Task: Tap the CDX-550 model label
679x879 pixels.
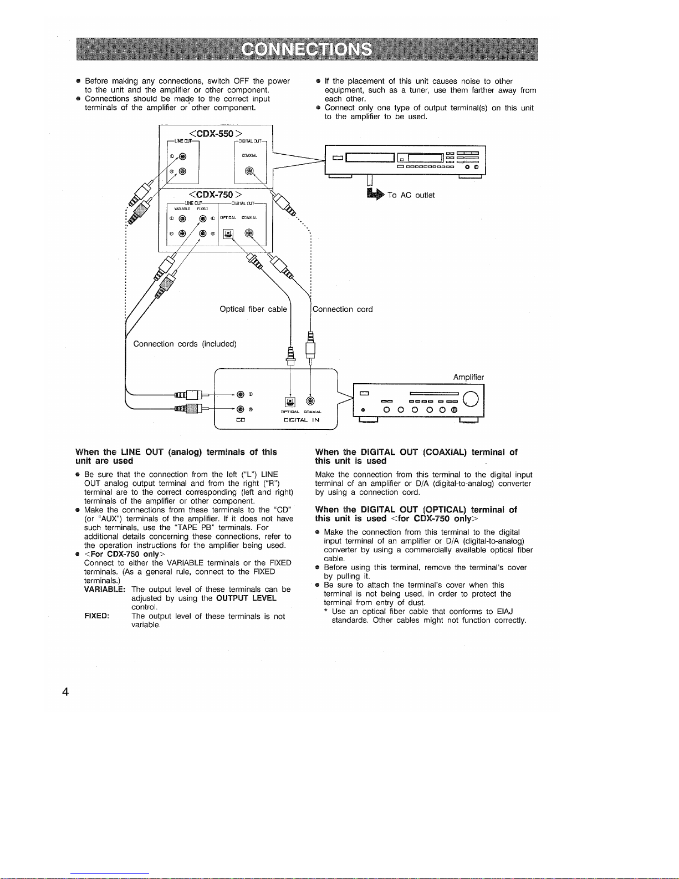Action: (x=216, y=134)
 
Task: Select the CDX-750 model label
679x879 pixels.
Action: (x=216, y=194)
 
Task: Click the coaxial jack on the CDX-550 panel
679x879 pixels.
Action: (x=250, y=171)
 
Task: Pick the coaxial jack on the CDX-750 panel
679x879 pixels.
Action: (x=249, y=233)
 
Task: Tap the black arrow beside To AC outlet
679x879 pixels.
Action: (x=375, y=194)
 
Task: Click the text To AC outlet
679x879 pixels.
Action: (x=411, y=195)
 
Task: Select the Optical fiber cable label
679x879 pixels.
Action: (x=253, y=309)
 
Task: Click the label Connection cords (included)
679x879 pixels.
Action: (x=185, y=344)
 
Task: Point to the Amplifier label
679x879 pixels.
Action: (x=468, y=377)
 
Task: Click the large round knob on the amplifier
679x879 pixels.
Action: (x=471, y=398)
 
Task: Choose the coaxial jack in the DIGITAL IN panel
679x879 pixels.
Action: (x=310, y=402)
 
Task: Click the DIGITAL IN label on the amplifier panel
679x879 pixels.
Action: (x=302, y=420)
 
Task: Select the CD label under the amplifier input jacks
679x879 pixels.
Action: (x=241, y=420)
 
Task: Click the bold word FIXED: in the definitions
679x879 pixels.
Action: (x=96, y=616)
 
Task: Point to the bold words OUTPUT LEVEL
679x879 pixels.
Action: (x=246, y=598)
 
